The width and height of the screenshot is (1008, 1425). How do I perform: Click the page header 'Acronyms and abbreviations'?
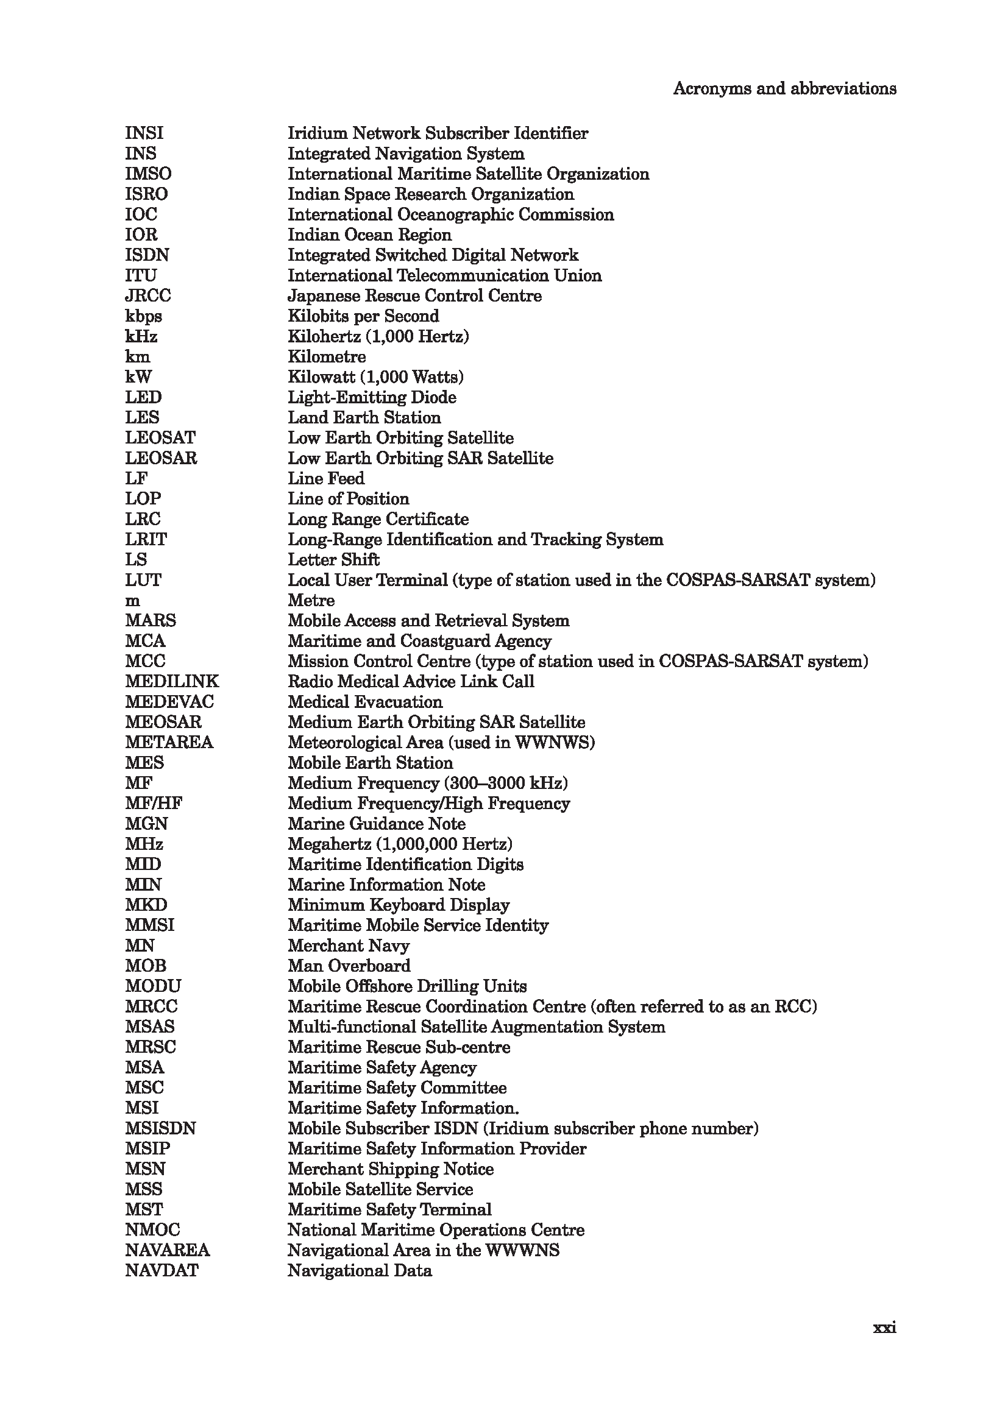point(784,89)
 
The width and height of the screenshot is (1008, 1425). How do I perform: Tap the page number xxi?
point(884,1328)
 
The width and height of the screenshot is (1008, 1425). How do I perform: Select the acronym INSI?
point(144,133)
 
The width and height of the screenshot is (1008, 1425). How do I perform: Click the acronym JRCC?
point(147,296)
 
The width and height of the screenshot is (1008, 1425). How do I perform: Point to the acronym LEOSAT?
point(160,438)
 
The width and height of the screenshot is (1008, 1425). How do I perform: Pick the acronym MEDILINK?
point(172,682)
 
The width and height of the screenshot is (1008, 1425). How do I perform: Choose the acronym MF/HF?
point(154,804)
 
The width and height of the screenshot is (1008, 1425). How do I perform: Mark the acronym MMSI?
point(149,925)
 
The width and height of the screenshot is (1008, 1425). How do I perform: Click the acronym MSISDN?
point(160,1128)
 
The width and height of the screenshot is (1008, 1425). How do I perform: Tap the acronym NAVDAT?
point(161,1270)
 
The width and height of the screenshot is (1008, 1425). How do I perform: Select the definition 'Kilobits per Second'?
point(363,316)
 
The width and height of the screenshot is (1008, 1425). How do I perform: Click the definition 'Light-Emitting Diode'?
point(372,397)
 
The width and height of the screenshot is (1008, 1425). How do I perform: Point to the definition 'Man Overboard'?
point(349,966)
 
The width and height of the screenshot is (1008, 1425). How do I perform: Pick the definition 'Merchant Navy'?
point(348,946)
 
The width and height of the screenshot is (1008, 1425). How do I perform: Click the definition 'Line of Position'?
point(348,499)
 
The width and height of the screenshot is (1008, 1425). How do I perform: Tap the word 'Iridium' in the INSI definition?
point(318,133)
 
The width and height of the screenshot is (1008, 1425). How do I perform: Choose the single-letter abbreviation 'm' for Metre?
point(132,601)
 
